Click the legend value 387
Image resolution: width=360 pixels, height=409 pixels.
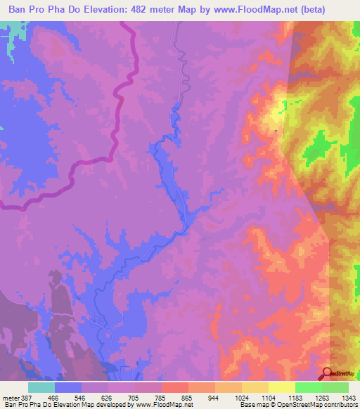pyautogui.click(x=23, y=398)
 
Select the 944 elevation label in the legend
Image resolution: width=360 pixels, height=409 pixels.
pyautogui.click(x=213, y=398)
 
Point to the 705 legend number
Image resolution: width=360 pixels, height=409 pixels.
pyautogui.click(x=133, y=398)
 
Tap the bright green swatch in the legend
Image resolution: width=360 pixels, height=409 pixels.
pyautogui.click(x=308, y=387)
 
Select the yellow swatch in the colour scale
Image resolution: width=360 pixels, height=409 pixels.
pyautogui.click(x=281, y=387)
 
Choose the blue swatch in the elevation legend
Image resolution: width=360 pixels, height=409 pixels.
pyautogui.click(x=67, y=387)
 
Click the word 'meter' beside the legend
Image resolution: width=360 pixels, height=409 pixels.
pyautogui.click(x=10, y=398)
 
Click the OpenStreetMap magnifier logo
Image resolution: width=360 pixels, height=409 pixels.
pyautogui.click(x=328, y=373)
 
